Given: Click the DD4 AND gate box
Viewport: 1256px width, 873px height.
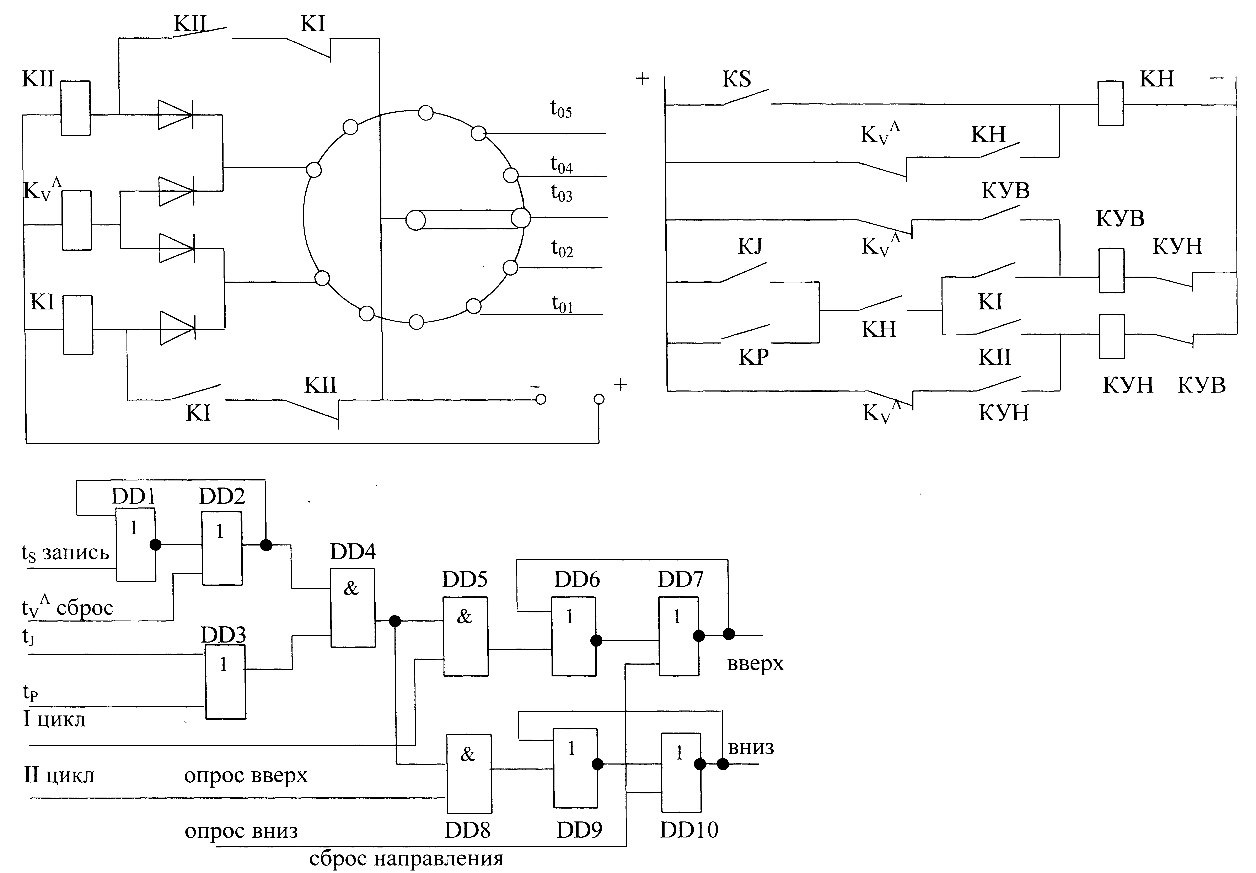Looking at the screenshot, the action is pos(353,608).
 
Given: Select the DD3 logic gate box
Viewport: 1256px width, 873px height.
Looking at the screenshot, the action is pos(225,682).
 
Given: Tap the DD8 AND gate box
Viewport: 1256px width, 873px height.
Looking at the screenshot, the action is pos(469,773).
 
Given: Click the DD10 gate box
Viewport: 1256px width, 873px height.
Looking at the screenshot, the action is pos(681,772).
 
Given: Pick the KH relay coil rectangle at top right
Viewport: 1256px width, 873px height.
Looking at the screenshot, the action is pos(1111,103).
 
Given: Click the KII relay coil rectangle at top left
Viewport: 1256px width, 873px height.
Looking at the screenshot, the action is pos(75,108).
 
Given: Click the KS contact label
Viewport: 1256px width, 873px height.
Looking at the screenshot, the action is pos(736,79).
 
